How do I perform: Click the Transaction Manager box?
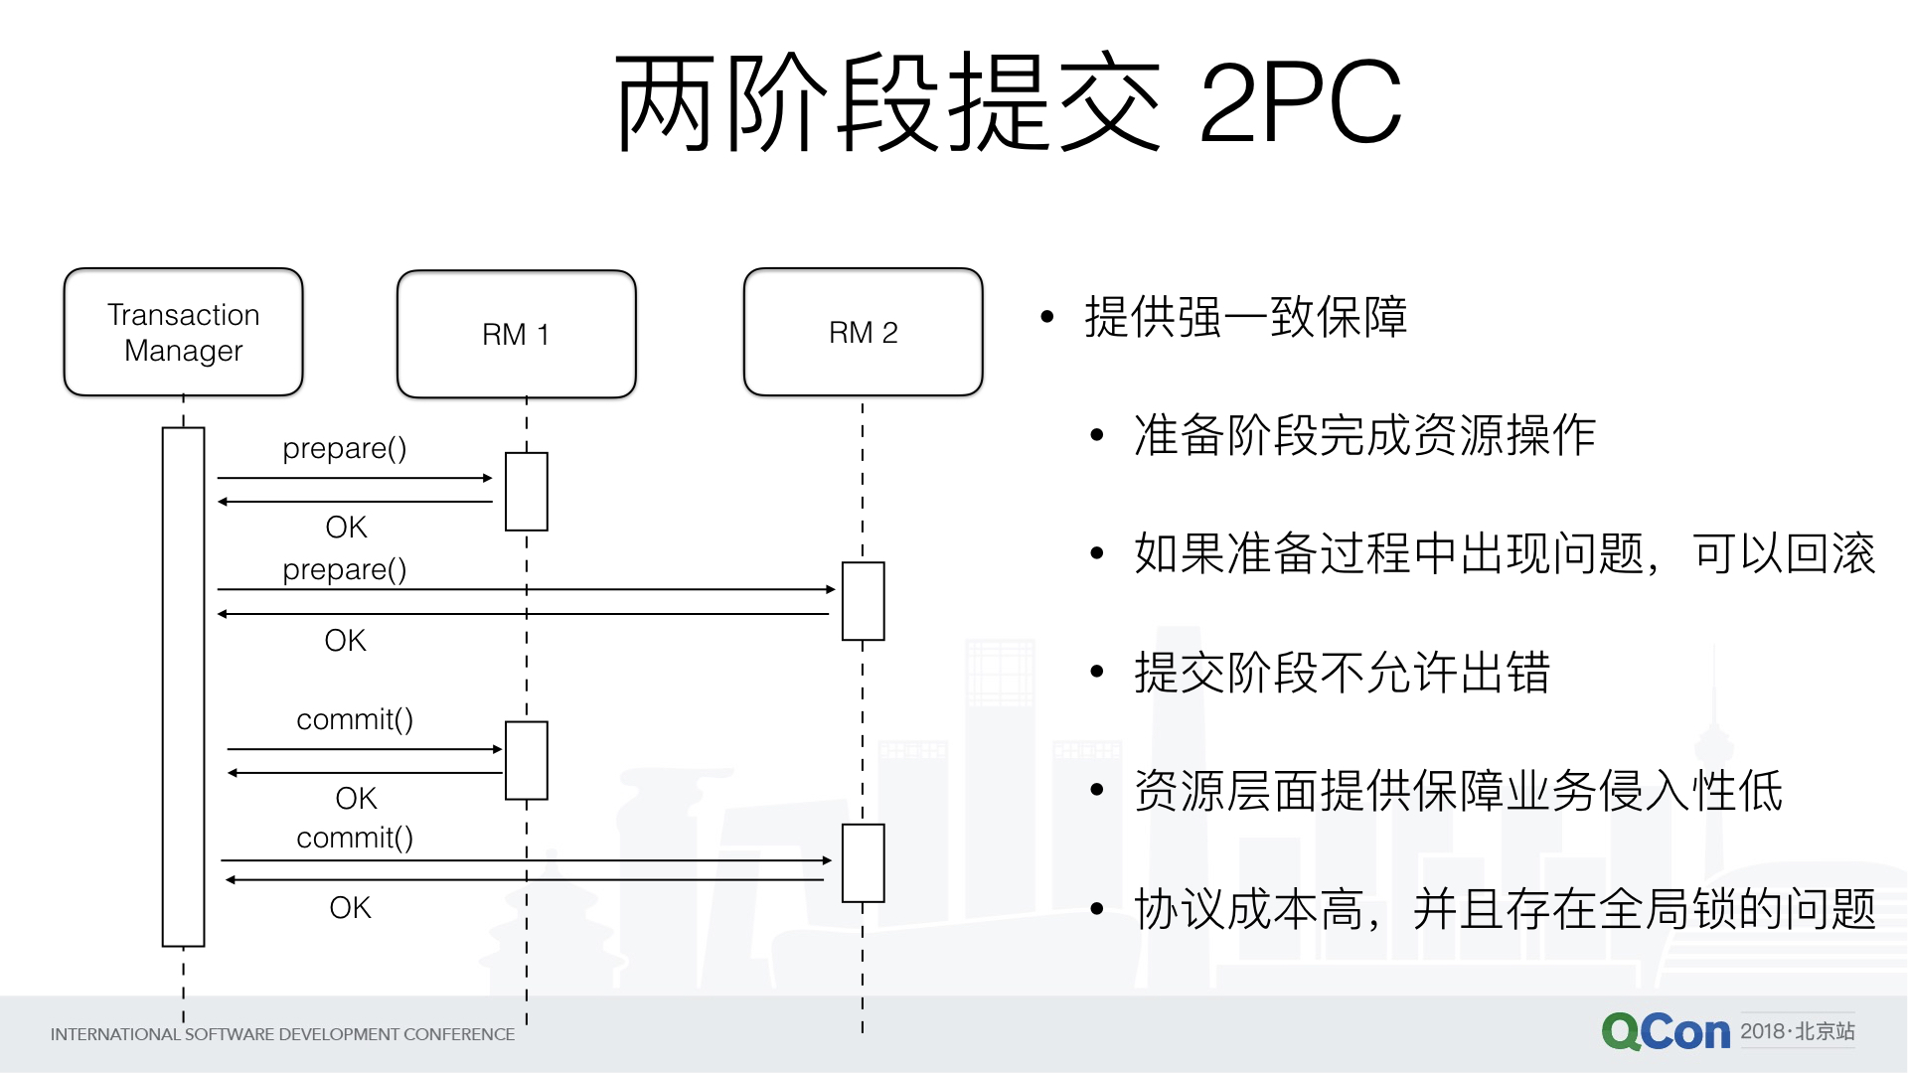point(183,332)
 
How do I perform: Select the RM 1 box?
point(516,334)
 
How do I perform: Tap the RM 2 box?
point(863,332)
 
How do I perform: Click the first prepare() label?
point(344,449)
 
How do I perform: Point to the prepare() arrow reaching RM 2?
point(527,589)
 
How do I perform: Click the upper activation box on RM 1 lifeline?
point(526,492)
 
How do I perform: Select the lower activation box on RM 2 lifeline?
point(863,862)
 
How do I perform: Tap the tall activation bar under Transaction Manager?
point(183,686)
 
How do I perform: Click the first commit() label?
point(355,719)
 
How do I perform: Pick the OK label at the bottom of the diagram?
point(350,907)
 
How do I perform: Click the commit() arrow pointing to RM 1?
point(364,749)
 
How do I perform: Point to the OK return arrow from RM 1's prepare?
point(355,502)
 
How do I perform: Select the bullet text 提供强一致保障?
point(1245,317)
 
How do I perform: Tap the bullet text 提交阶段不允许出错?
point(1342,673)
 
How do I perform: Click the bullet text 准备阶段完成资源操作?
point(1364,435)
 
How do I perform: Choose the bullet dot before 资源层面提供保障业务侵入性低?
point(1097,791)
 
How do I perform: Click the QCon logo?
point(1666,1032)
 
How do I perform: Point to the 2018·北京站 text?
point(1798,1031)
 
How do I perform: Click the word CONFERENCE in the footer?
point(459,1034)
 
